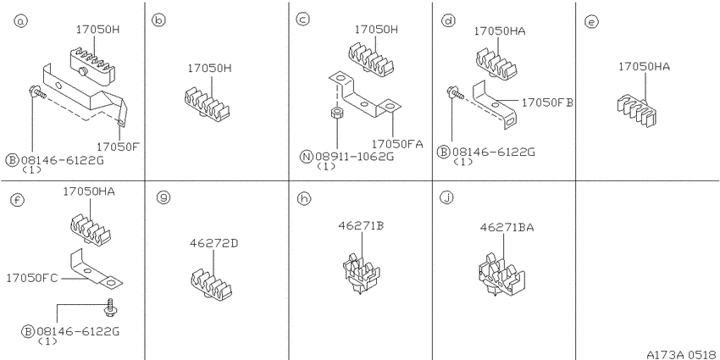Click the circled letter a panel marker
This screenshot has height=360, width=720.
[20, 20]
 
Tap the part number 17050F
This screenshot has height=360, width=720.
[118, 147]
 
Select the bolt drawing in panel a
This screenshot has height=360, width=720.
[37, 92]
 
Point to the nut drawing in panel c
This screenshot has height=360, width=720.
[337, 113]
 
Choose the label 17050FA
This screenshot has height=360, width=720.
[397, 144]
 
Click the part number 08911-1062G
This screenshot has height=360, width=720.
[354, 157]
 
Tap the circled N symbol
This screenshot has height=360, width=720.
[307, 157]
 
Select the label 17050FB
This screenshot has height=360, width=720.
[547, 102]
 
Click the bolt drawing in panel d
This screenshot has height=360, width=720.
[455, 93]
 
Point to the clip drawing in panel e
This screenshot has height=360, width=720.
[637, 111]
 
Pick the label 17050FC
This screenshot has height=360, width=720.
[32, 279]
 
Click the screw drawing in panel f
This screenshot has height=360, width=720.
[110, 307]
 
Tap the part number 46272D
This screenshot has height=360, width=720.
[214, 243]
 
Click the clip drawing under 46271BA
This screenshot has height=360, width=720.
[502, 274]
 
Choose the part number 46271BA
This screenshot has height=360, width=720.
[507, 227]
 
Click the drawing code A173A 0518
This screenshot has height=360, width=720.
[681, 354]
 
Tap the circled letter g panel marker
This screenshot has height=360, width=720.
[163, 198]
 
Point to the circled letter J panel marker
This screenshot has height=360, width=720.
[446, 198]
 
